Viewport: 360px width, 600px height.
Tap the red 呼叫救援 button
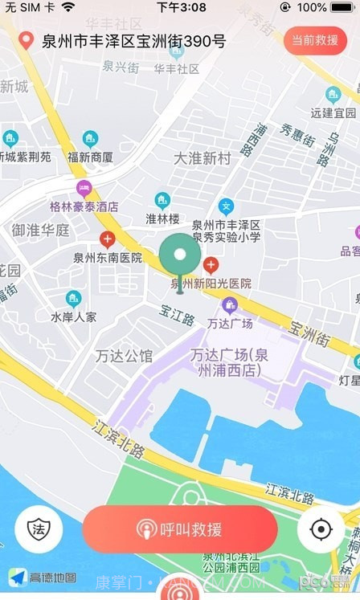coord(180,529)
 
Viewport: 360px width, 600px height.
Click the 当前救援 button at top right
coord(315,40)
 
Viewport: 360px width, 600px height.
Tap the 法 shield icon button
coord(38,529)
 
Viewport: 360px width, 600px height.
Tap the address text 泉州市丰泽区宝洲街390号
coord(133,41)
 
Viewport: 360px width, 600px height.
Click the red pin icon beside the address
coord(27,41)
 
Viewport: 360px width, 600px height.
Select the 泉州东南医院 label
coord(107,258)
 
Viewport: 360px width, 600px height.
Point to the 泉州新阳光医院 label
coord(211,284)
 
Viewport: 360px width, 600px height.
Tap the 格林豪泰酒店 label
coord(84,206)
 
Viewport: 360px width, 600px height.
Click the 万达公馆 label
coord(123,356)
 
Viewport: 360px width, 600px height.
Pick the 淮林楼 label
coord(162,218)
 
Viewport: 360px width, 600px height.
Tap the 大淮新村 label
coord(202,158)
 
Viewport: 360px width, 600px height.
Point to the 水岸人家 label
coord(73,316)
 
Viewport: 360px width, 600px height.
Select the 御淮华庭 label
coord(40,231)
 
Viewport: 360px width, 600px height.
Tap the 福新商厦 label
coord(90,157)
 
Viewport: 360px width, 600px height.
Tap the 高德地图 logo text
coord(53,577)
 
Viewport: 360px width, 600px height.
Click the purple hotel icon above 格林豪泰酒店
coord(84,189)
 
